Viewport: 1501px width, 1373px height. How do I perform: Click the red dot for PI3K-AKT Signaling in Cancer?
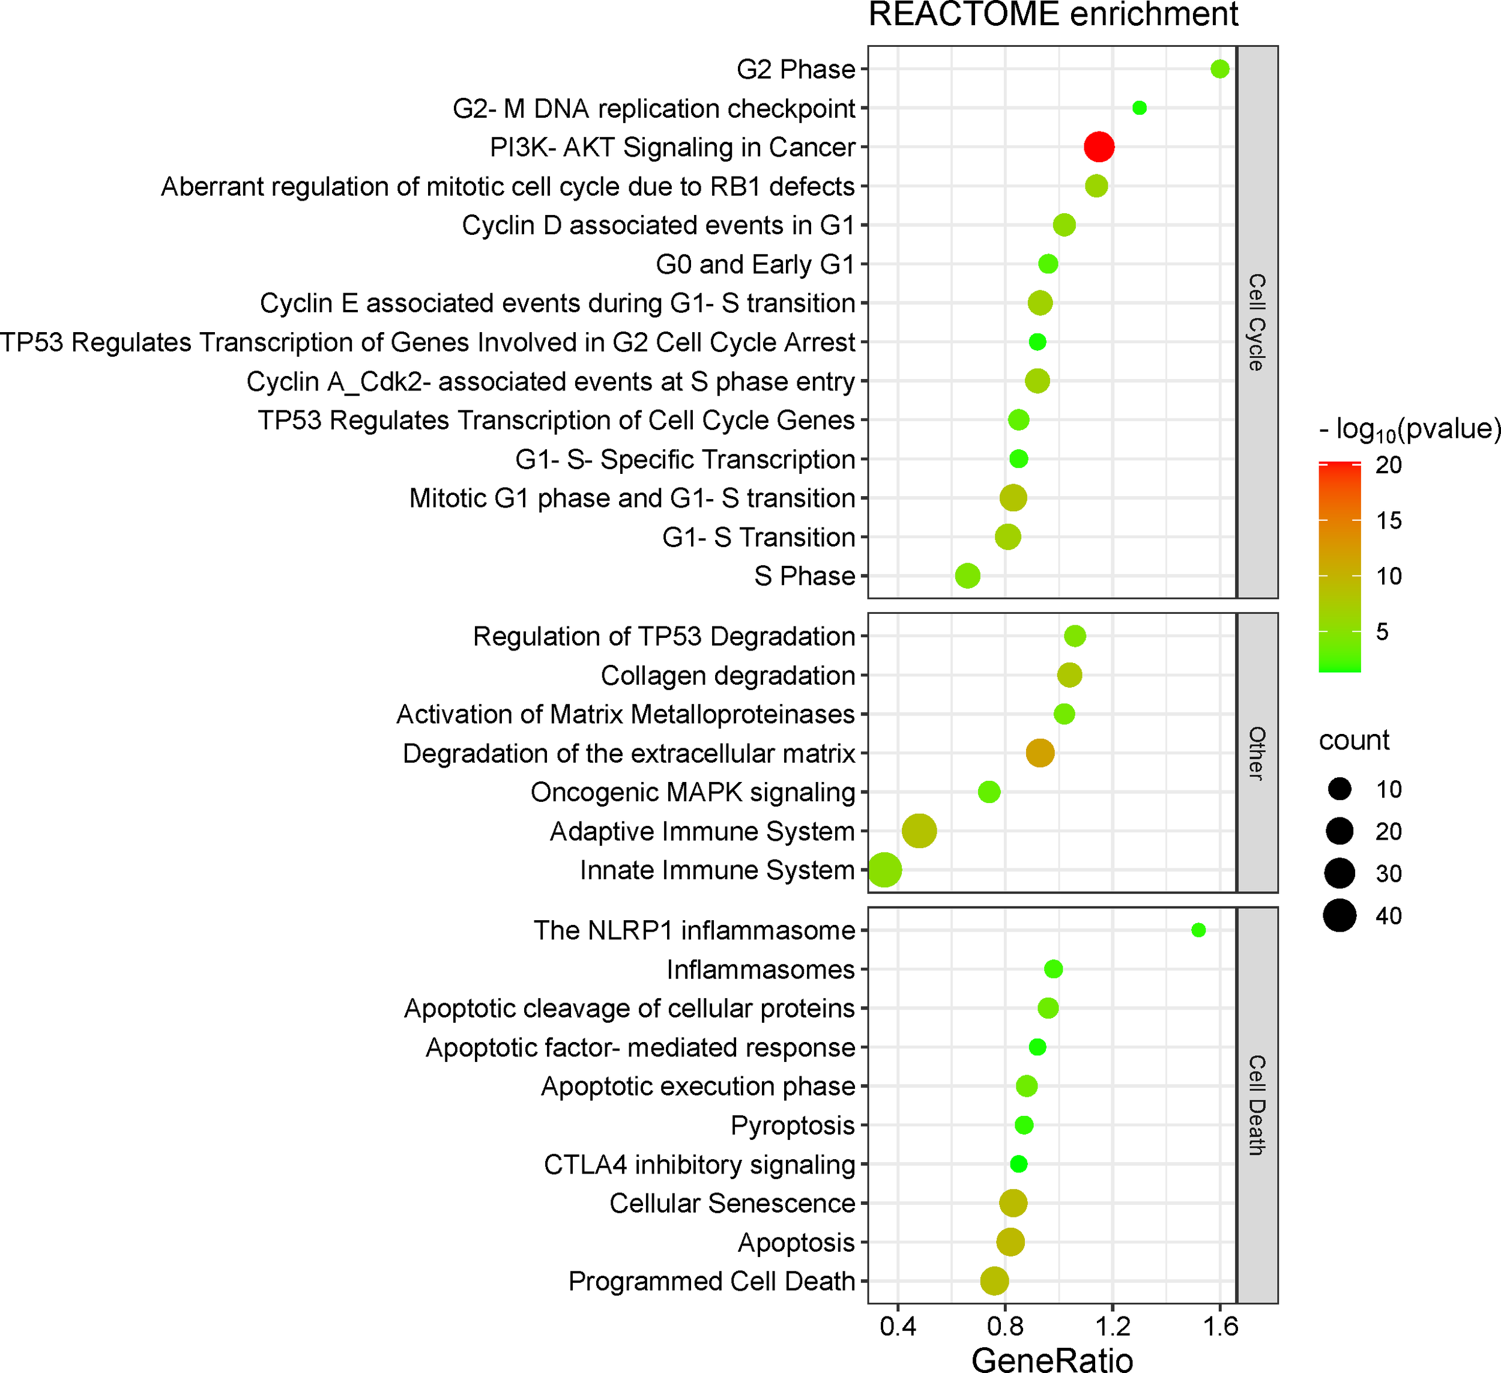[x=1099, y=147]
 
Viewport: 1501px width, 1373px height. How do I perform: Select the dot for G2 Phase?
[x=1219, y=69]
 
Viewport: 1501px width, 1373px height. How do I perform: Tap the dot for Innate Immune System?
[x=884, y=870]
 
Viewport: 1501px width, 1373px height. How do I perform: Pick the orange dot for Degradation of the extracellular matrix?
[x=1040, y=753]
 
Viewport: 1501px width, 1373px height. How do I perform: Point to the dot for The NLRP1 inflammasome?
[x=1198, y=930]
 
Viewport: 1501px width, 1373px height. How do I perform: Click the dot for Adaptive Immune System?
[x=919, y=831]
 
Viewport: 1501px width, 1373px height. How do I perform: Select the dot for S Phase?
[x=967, y=576]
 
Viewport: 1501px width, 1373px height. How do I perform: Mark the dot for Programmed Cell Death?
[x=995, y=1281]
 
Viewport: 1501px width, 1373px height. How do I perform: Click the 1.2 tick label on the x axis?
[x=1113, y=1327]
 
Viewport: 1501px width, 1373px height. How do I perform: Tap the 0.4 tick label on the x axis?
[x=898, y=1327]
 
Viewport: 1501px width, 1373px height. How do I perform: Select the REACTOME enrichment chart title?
[x=1053, y=15]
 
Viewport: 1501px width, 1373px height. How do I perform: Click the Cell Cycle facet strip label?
[x=1257, y=322]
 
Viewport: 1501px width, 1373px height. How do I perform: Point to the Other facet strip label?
[x=1257, y=753]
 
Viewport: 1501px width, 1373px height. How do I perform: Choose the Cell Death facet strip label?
[x=1257, y=1106]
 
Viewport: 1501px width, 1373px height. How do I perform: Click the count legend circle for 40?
[x=1339, y=915]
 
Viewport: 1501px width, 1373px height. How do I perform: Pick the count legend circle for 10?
[x=1339, y=789]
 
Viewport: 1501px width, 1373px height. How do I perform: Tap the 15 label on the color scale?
[x=1389, y=520]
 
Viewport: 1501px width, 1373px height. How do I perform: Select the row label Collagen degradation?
[x=728, y=676]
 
